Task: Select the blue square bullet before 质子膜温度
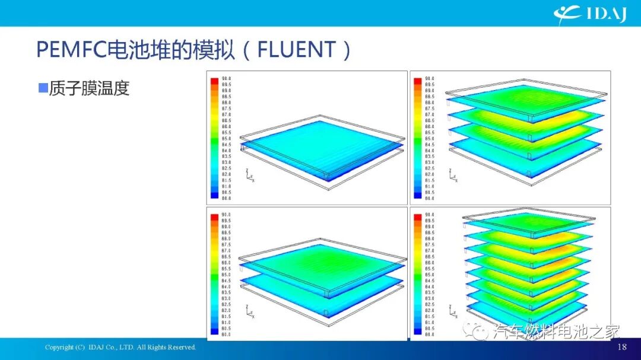43,88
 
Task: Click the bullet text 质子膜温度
90,88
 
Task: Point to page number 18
622,347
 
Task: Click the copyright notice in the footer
120,347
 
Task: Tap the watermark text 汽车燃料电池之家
557,332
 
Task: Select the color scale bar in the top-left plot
214,138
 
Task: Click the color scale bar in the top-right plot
418,138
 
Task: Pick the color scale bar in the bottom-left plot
214,274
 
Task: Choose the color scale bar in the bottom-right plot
418,274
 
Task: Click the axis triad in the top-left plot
249,175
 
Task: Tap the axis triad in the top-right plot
453,175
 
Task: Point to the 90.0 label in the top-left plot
226,78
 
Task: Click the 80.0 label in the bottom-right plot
430,334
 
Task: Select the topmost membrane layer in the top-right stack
525,95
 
